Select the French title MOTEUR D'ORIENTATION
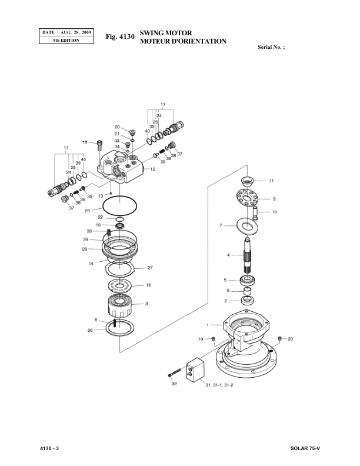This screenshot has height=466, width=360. coord(183,42)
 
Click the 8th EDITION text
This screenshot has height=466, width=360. coord(65,40)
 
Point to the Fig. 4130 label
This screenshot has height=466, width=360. coord(120,37)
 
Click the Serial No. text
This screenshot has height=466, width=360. coord(272,46)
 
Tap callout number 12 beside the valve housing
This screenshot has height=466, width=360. coord(152,169)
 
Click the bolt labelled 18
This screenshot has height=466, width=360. coord(99,142)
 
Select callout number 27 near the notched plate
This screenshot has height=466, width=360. coord(150,268)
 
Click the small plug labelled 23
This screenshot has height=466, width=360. coord(280,338)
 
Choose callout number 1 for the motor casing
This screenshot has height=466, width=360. coord(208,325)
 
